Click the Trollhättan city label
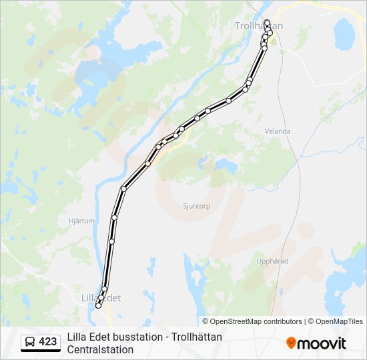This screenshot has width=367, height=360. (x=259, y=25)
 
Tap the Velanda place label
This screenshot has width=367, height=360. (x=278, y=131)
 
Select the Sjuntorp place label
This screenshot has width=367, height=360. (x=196, y=206)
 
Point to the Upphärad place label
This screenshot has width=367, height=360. (x=273, y=261)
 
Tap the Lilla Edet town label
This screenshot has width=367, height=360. (x=100, y=298)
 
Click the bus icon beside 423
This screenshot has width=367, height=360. (x=29, y=342)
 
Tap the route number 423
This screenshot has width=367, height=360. (x=48, y=342)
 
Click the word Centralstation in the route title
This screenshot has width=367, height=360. (x=101, y=349)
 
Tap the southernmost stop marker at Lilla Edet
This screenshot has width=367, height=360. (x=98, y=306)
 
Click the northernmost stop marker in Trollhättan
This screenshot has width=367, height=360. (x=267, y=22)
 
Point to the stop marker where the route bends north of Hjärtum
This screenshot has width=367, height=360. (x=123, y=189)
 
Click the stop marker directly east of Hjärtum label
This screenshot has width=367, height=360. (x=115, y=217)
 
